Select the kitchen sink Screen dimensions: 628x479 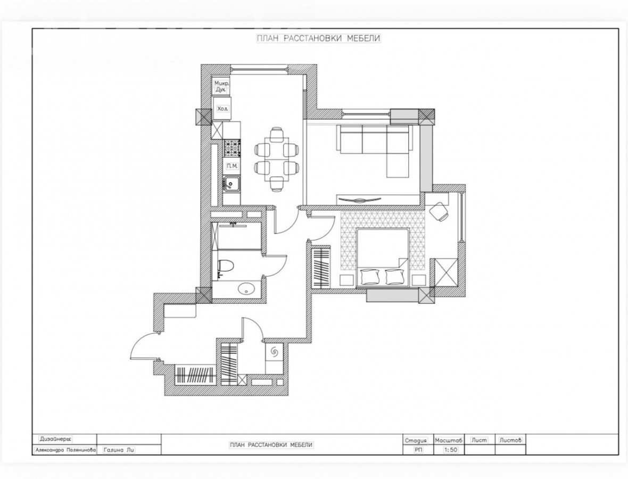231,184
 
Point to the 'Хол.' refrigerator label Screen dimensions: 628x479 222,109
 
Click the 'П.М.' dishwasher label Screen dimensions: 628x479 231,166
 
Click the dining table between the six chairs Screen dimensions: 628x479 276,159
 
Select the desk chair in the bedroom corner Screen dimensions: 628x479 440,211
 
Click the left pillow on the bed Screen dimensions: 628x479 369,277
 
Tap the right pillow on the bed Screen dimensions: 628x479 394,277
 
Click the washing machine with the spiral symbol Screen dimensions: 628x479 274,352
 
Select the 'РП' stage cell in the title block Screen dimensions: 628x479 418,450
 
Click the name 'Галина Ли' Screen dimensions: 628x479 119,450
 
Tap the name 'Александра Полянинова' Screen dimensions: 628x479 65,450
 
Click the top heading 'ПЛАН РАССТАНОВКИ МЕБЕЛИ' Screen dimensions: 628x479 318,38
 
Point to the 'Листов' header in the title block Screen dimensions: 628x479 511,440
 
